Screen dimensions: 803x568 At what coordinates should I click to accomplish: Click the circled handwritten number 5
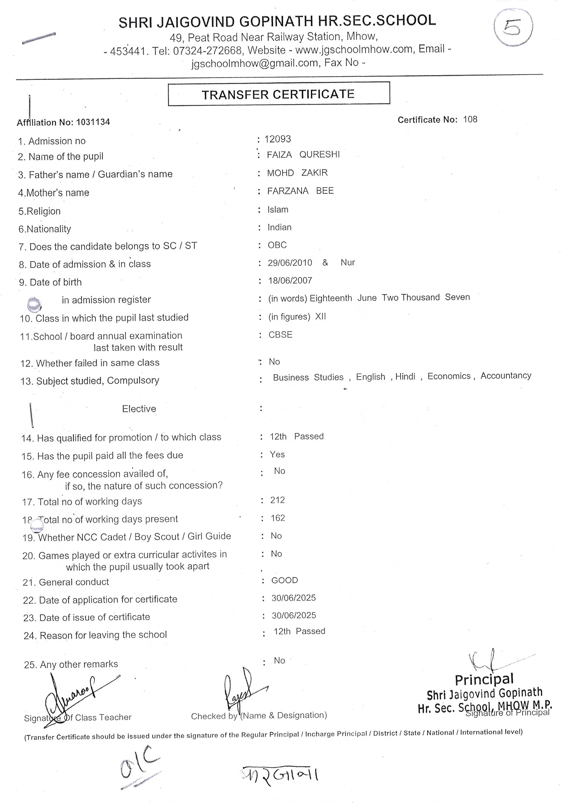point(513,28)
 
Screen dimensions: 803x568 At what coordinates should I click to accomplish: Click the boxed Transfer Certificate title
point(279,94)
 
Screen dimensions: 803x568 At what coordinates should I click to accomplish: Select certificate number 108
point(470,120)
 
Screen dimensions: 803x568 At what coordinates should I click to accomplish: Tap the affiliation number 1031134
point(93,122)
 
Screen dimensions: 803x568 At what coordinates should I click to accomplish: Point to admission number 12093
point(277,139)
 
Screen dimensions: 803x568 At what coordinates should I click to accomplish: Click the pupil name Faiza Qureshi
point(303,155)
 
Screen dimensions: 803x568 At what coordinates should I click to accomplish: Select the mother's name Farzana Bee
point(300,191)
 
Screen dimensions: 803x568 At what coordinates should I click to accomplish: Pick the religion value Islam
point(278,210)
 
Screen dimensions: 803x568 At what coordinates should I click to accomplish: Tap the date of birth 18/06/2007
point(290,280)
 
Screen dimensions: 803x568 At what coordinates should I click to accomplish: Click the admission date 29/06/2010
point(290,263)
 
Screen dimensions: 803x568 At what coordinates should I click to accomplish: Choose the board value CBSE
point(280,335)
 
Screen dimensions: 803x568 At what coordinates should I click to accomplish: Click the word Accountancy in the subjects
point(506,375)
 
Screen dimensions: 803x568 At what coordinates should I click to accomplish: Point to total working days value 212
point(277,500)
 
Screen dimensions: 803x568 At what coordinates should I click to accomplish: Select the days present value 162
point(278,518)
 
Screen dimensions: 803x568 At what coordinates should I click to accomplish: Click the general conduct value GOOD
point(285,580)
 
